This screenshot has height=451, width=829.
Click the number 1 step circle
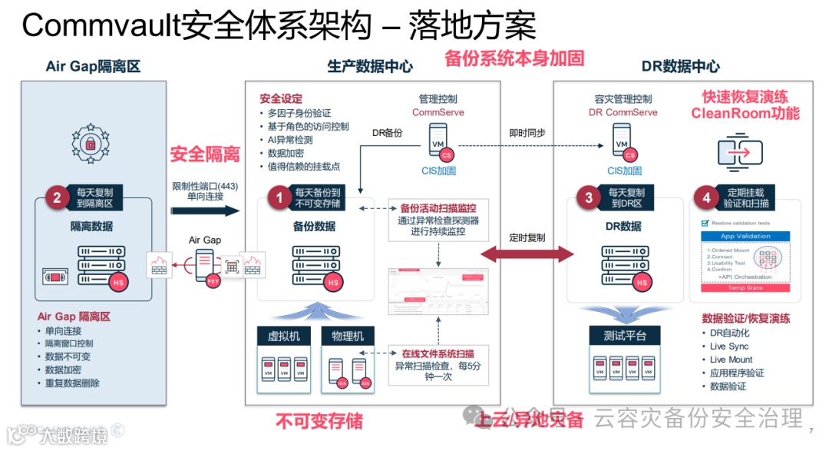point(279,197)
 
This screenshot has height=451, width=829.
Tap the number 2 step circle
point(57,197)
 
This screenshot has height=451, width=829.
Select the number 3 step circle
point(589,197)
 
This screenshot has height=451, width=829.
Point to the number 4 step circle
point(707,197)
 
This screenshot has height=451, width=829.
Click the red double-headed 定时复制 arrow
point(527,254)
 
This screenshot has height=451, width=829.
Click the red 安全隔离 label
point(205,154)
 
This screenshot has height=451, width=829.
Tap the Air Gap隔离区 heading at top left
point(93,66)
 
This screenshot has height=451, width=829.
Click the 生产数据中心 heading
point(370,66)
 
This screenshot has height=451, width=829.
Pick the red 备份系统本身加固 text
point(514,58)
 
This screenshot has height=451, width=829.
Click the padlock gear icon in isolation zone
point(91,144)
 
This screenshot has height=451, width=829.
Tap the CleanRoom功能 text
point(745,114)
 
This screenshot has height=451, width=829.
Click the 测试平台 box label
point(625,336)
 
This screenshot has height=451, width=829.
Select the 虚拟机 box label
point(284,336)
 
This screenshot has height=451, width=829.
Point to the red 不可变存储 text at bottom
point(319,421)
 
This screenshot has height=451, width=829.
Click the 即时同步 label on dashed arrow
point(527,132)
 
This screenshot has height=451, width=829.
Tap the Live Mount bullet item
point(731,360)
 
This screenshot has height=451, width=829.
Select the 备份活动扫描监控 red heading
point(438,207)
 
